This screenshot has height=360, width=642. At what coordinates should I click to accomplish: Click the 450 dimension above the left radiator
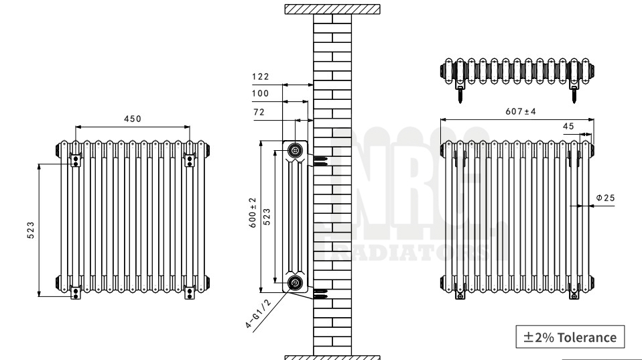click(x=132, y=119)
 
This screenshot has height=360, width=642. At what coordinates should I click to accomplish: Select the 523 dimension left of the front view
click(x=30, y=229)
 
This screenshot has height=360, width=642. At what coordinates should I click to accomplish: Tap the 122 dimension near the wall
click(x=260, y=77)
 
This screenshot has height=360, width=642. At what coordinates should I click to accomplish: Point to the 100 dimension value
click(x=260, y=94)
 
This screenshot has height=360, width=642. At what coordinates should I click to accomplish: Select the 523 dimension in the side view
click(x=267, y=217)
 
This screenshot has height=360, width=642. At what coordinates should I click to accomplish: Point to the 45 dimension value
click(x=568, y=125)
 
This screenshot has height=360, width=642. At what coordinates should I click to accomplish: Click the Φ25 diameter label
click(x=605, y=198)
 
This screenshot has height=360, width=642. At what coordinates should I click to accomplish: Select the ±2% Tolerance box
click(x=570, y=337)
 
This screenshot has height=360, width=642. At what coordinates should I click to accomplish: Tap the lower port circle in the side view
click(x=296, y=284)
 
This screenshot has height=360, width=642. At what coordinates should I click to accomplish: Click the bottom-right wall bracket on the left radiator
click(x=190, y=291)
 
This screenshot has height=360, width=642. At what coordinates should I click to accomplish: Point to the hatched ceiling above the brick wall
click(x=332, y=9)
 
